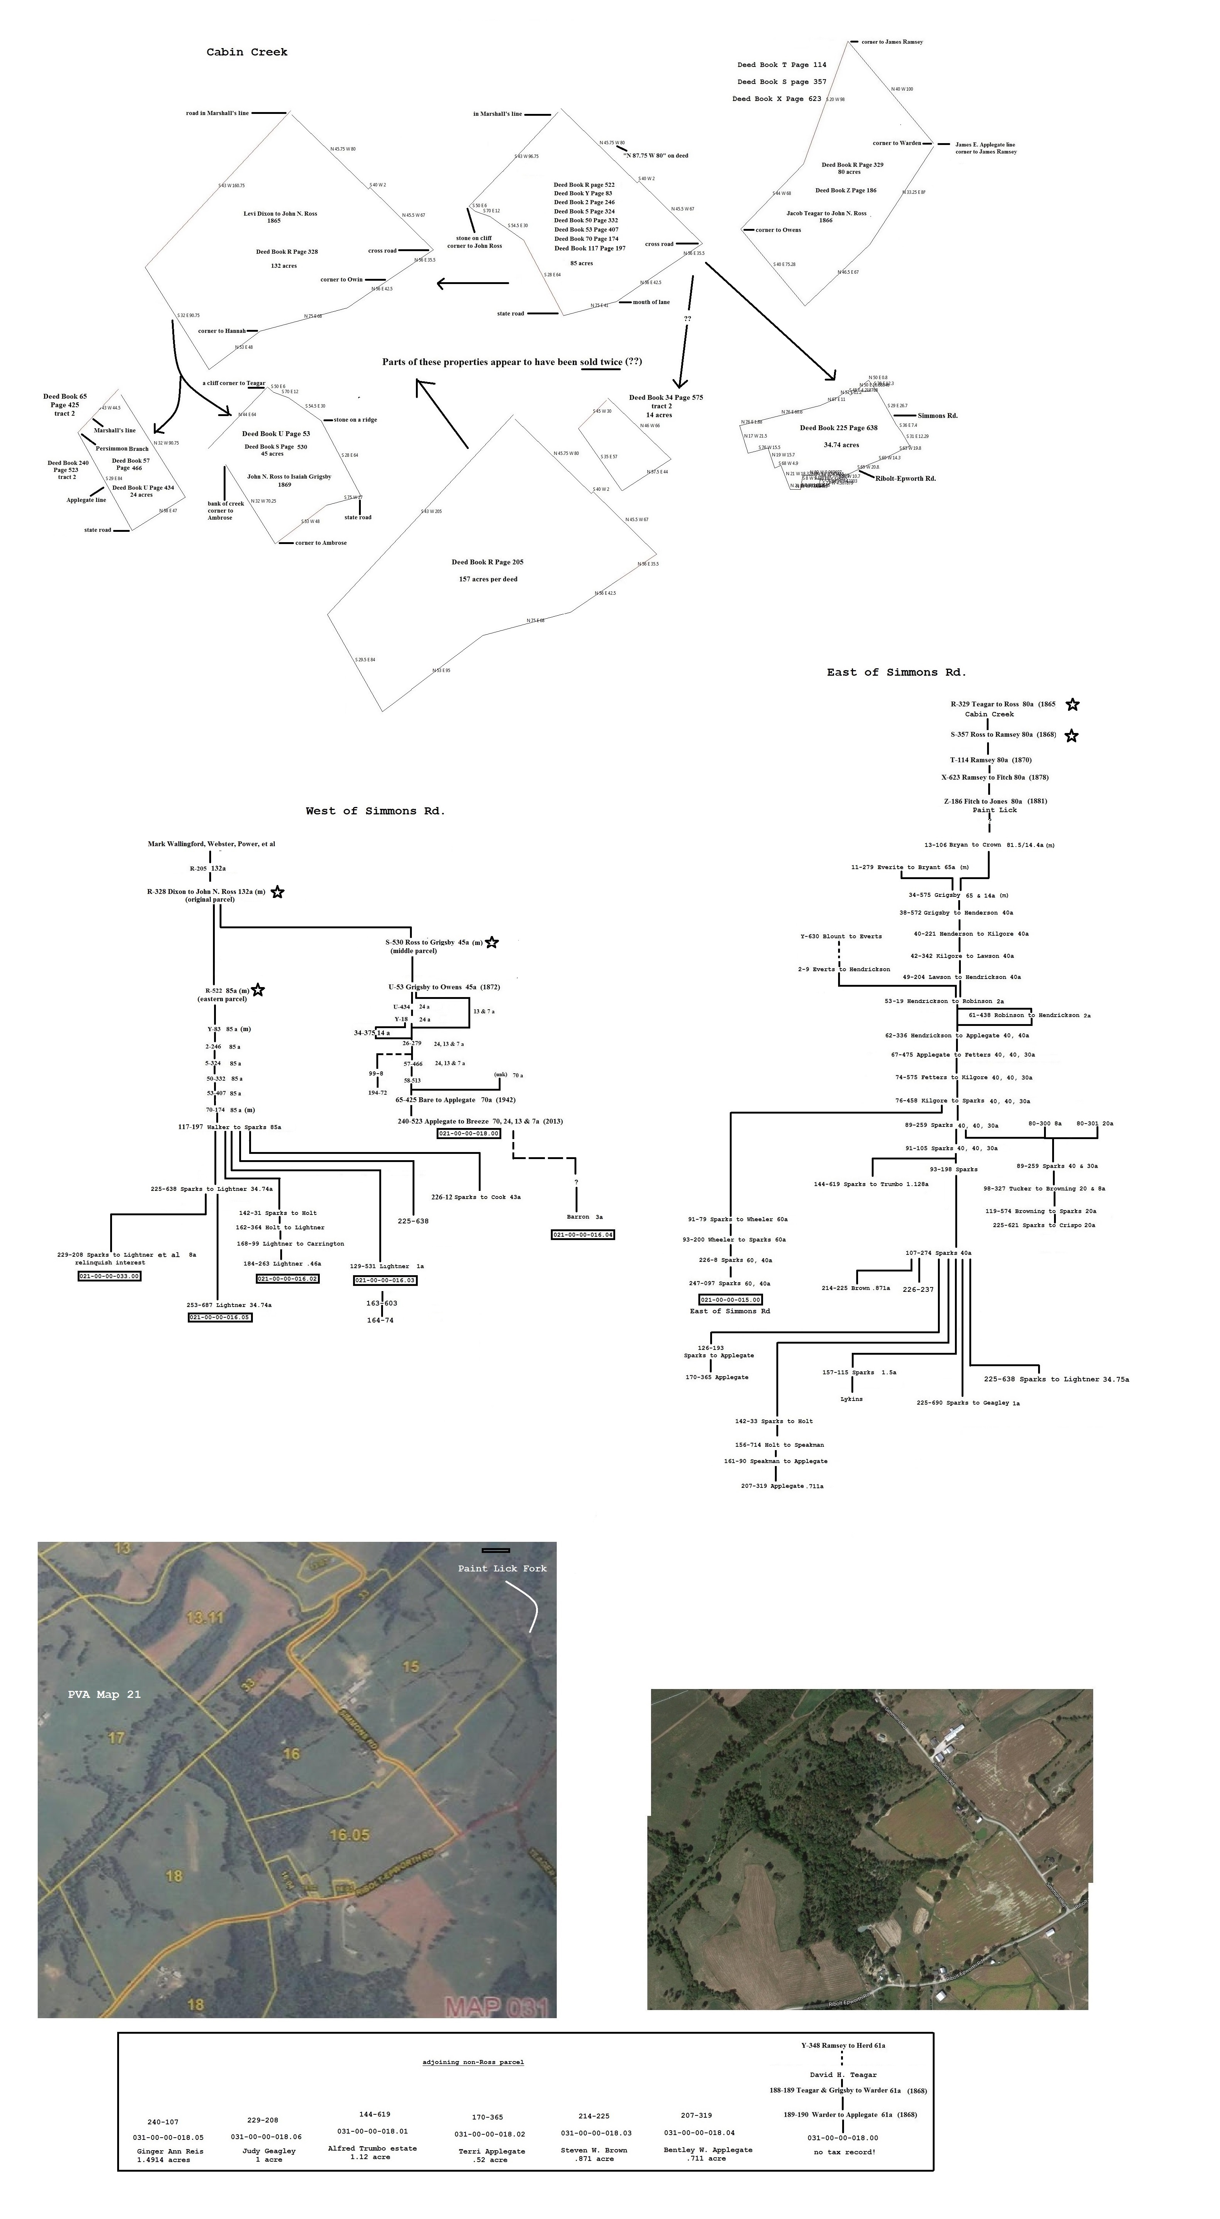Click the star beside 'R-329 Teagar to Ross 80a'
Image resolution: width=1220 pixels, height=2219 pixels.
click(x=1072, y=705)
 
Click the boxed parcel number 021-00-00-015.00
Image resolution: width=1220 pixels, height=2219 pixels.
click(x=730, y=1299)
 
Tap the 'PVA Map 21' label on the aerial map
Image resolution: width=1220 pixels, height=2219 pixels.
click(x=104, y=1695)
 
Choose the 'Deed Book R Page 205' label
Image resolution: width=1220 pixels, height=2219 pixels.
click(x=487, y=562)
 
